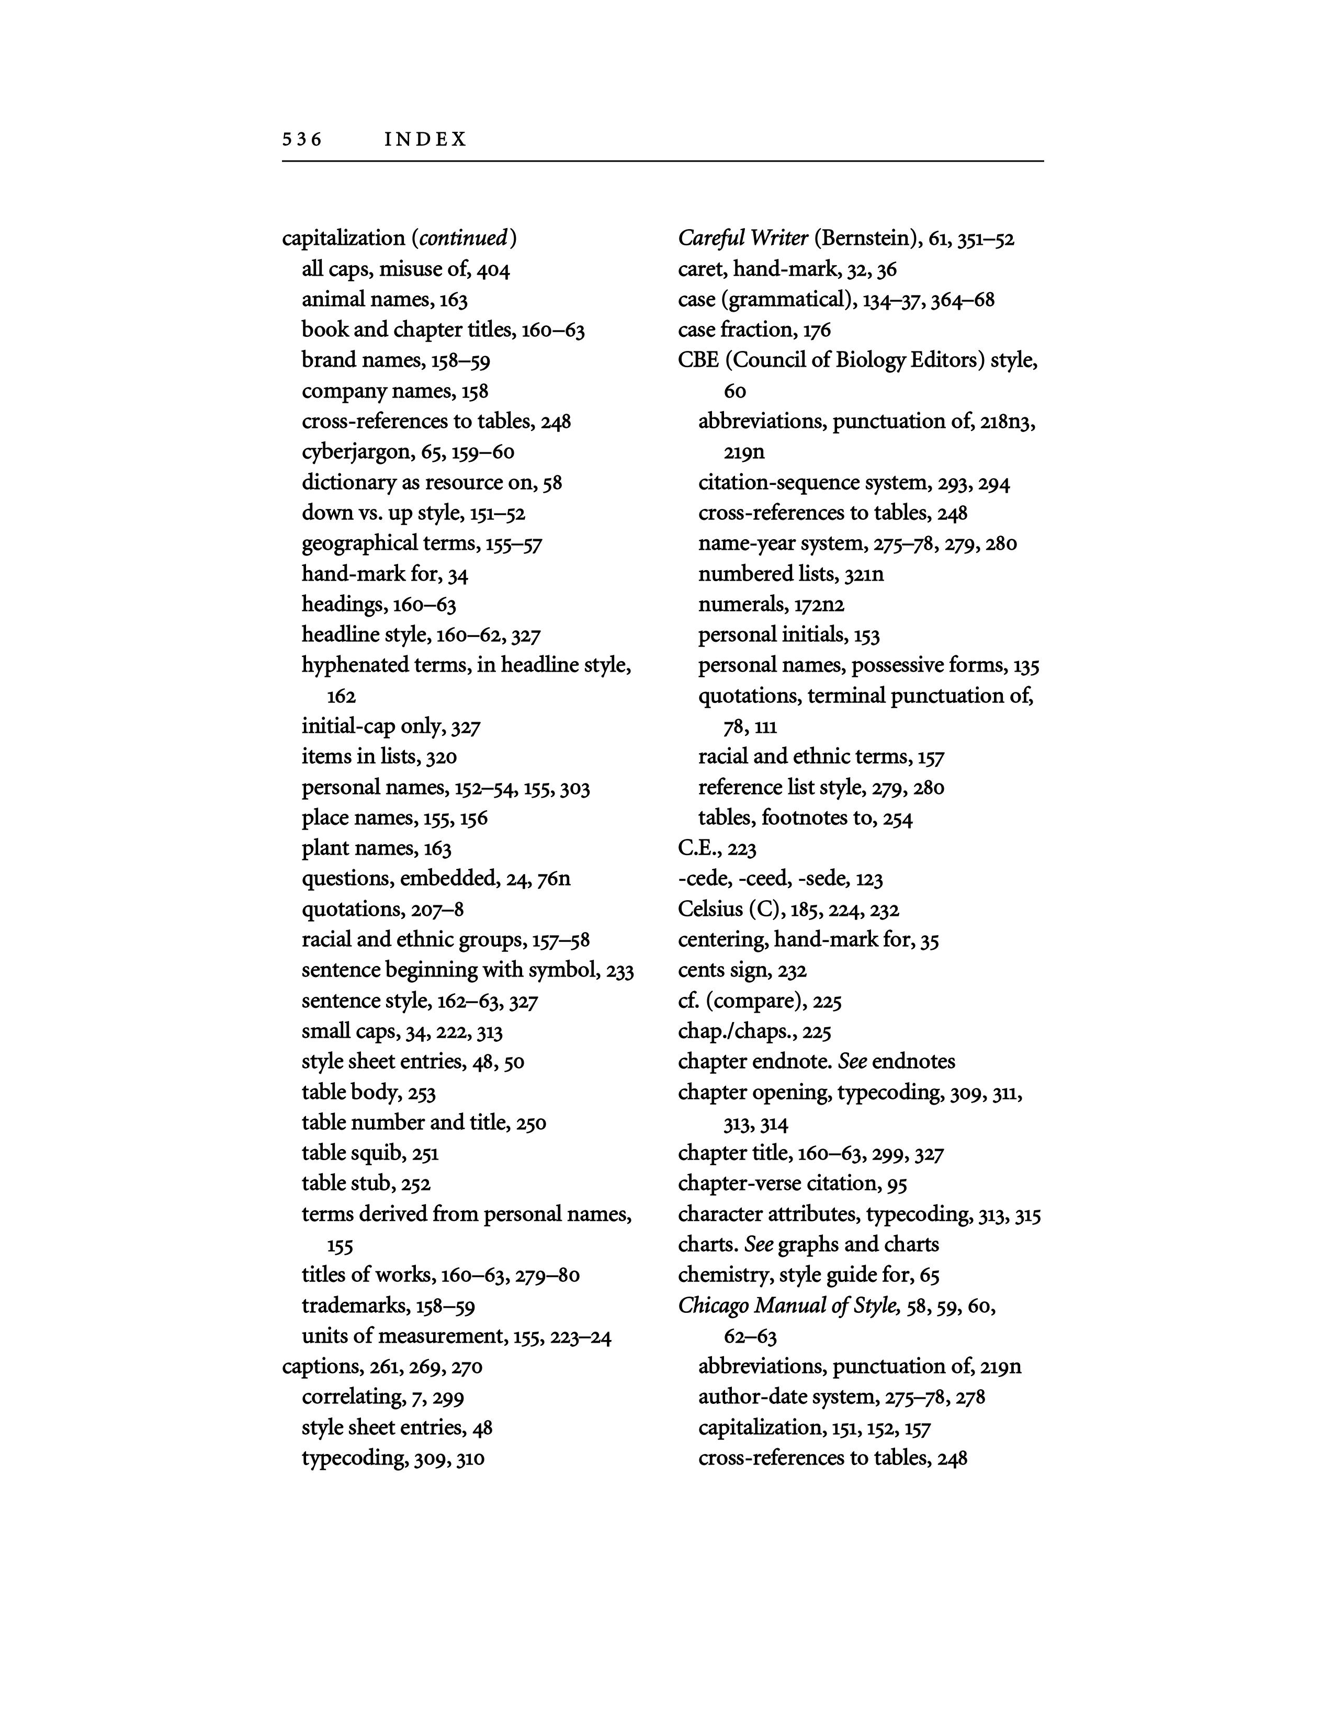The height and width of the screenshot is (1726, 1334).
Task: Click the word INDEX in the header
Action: point(425,140)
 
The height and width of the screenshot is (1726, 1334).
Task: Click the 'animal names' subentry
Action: point(364,300)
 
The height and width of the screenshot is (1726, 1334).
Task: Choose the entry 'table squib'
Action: point(352,1153)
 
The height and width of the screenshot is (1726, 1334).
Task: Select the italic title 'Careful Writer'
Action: point(743,238)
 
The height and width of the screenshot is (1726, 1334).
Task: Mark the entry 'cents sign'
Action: point(724,970)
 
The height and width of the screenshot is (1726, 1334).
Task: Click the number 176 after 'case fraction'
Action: point(817,331)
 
